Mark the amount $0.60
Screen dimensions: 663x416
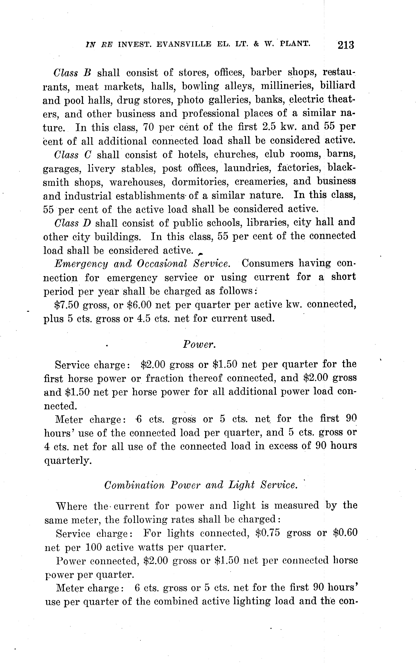click(345, 533)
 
